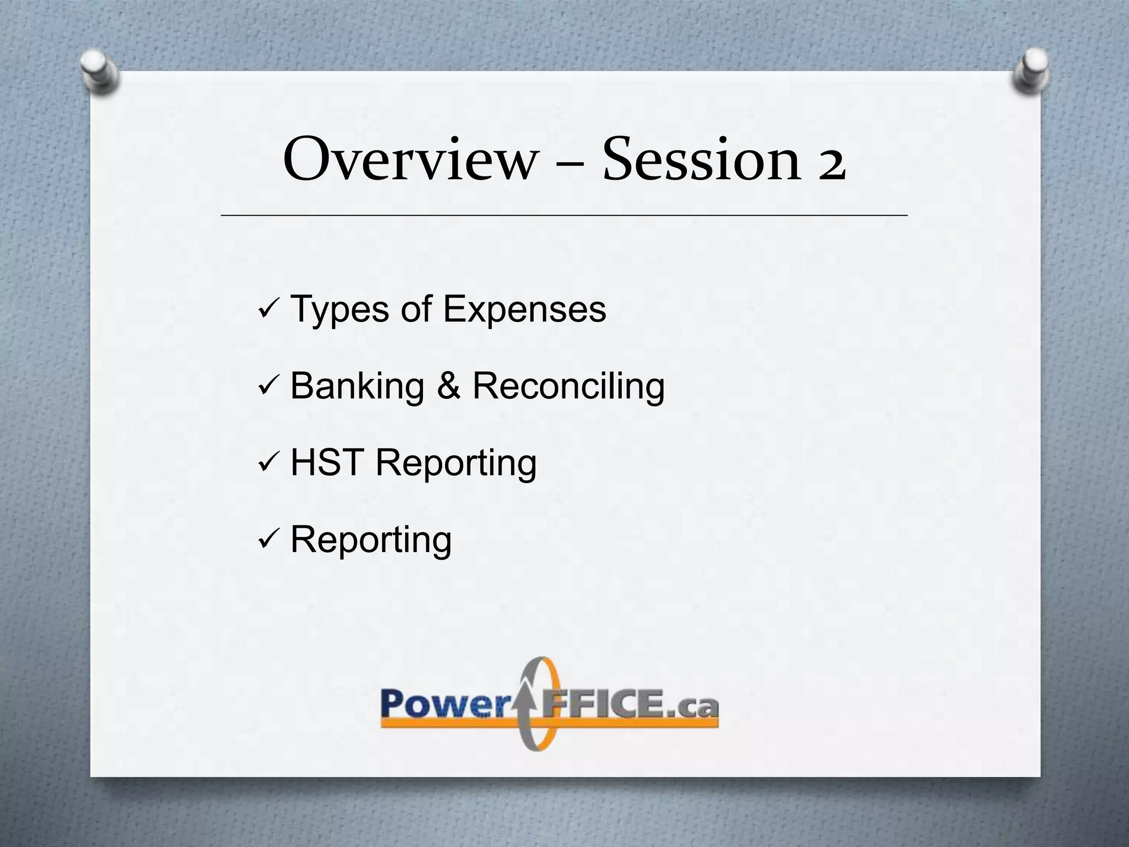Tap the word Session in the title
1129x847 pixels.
(700, 160)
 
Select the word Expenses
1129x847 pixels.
(524, 310)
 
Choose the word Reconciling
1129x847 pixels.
(568, 387)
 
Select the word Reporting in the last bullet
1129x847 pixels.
(370, 540)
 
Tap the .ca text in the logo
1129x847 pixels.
(695, 706)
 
